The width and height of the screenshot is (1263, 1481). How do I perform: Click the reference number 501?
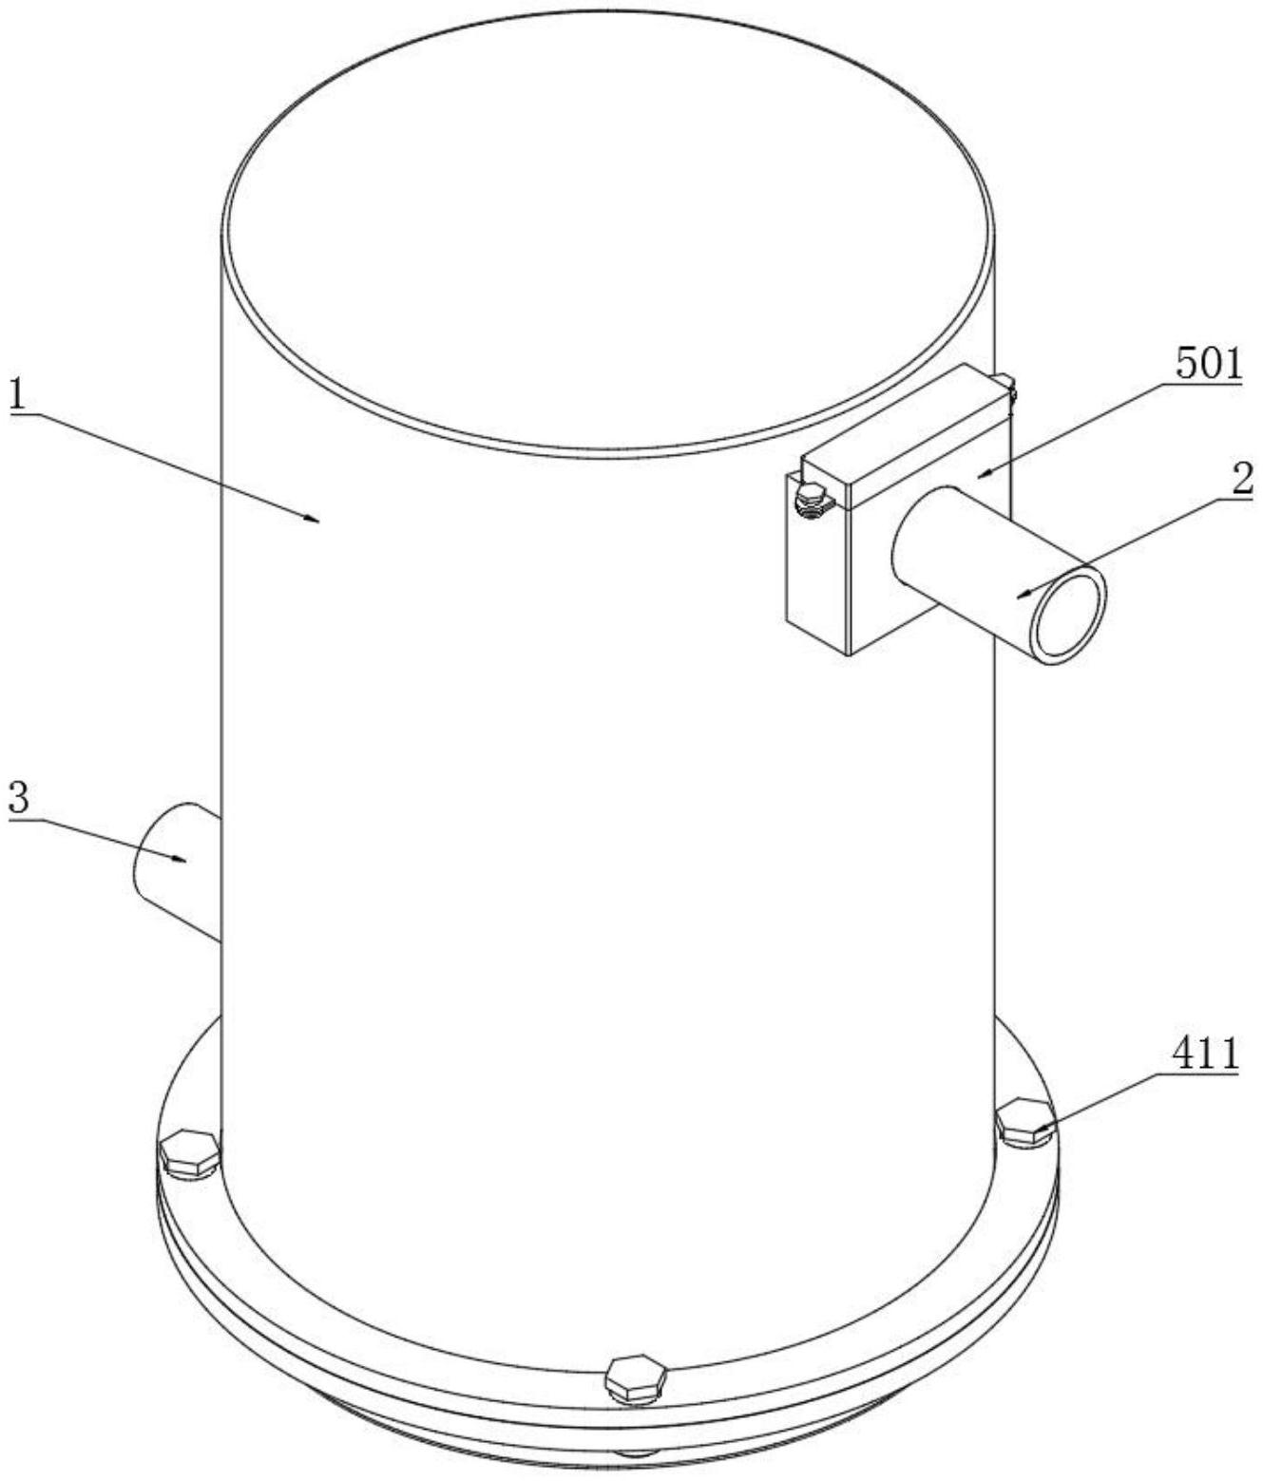[x=1208, y=366]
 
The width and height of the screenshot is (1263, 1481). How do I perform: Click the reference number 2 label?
[x=1243, y=480]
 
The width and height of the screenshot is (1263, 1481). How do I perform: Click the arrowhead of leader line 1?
[x=311, y=518]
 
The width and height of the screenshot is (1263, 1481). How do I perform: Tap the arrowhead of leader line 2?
[x=1025, y=594]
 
